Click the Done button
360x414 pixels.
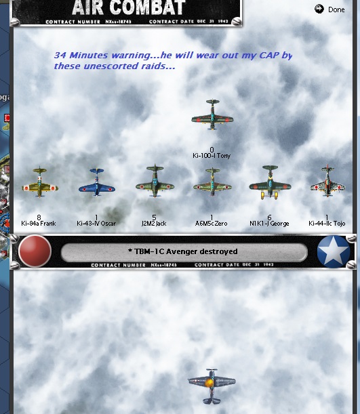click(330, 9)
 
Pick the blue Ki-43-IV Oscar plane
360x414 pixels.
click(96, 182)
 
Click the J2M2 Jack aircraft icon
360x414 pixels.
click(155, 181)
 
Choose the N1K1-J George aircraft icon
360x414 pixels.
click(270, 182)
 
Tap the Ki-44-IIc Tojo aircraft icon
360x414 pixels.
click(327, 182)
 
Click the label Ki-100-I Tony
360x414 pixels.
click(212, 156)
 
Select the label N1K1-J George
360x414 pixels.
click(270, 223)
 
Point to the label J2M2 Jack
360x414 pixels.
click(155, 223)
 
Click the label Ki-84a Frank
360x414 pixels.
click(39, 223)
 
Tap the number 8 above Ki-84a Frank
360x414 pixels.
click(39, 218)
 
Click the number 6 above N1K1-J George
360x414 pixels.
click(270, 218)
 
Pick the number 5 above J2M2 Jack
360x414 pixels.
click(155, 218)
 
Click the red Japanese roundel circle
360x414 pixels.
click(35, 251)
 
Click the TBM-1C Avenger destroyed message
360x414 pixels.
click(183, 252)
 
